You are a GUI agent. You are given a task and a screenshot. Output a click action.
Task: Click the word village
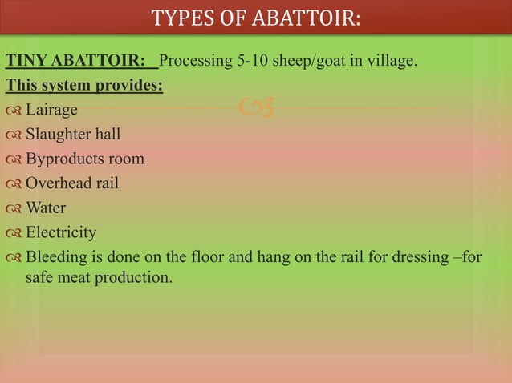[392, 60]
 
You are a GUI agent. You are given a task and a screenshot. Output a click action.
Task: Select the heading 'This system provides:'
[84, 84]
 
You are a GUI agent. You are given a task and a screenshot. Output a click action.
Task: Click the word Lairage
[51, 109]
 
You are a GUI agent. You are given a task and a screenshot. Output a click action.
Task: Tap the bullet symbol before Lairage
[14, 110]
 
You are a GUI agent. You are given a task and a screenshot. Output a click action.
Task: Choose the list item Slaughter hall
[73, 134]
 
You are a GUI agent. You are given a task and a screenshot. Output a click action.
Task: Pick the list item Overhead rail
[72, 183]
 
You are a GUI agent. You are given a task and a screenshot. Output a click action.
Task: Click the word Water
[46, 208]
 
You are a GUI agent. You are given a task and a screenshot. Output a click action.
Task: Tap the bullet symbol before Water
[14, 209]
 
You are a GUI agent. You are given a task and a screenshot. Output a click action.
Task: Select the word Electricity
[61, 233]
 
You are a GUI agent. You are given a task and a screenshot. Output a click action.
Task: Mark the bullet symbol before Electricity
[14, 234]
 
